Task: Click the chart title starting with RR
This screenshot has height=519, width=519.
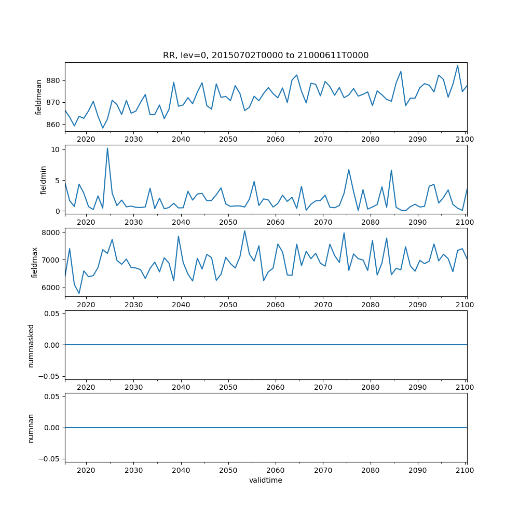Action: tap(266, 56)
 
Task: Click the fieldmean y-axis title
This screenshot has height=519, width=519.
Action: tap(39, 97)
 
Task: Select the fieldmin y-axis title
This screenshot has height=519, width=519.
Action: tap(44, 180)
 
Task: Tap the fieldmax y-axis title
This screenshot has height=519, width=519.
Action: tap(35, 262)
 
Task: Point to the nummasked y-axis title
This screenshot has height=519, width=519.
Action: tap(31, 345)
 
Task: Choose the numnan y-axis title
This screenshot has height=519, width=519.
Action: tap(31, 428)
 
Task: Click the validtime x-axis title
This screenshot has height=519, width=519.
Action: tap(266, 480)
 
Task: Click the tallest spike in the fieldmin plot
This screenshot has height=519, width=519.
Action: tap(107, 148)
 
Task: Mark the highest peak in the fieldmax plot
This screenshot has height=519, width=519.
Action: tap(244, 231)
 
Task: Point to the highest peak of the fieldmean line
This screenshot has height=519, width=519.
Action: tap(457, 65)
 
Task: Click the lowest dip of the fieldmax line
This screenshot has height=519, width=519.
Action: tap(79, 293)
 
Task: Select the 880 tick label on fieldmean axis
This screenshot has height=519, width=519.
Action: tap(53, 81)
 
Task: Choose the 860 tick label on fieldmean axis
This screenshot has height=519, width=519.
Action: tap(53, 125)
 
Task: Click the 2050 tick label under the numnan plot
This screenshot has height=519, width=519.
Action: tap(228, 470)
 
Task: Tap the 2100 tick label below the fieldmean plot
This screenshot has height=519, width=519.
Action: tap(466, 139)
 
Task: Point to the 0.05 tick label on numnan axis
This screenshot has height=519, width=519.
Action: tap(52, 397)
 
